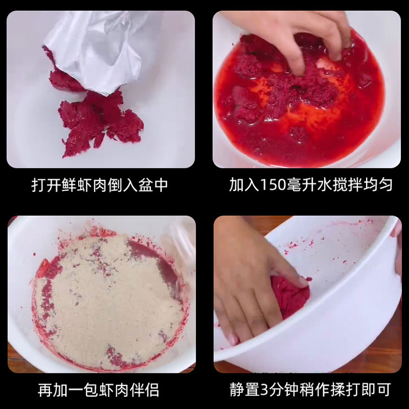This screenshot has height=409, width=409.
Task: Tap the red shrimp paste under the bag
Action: click(x=100, y=123)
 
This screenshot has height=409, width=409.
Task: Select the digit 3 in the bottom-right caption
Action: click(x=264, y=390)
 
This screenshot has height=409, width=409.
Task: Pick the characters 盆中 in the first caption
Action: click(x=153, y=185)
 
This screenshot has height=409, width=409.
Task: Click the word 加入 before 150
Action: click(x=244, y=185)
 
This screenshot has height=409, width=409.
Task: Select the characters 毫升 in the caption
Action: click(x=302, y=185)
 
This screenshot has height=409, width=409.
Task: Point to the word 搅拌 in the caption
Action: click(x=348, y=185)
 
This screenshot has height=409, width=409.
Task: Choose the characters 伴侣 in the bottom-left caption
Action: click(x=144, y=390)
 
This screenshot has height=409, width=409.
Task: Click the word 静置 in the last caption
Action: click(x=245, y=390)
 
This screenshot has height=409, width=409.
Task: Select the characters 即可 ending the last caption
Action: click(x=376, y=390)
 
